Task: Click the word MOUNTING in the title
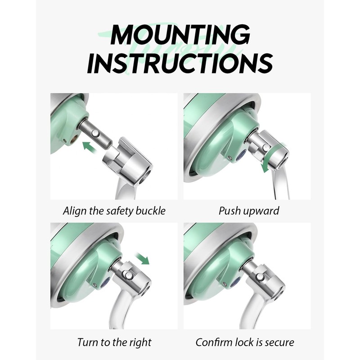tap(180, 35)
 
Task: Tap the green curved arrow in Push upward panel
tap(274, 157)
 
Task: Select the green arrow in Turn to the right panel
tap(142, 258)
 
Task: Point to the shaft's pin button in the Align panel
tap(94, 133)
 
